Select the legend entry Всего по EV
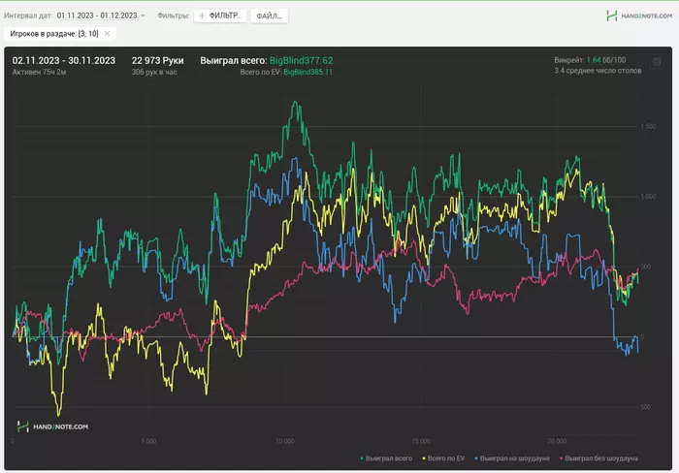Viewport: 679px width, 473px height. (x=447, y=457)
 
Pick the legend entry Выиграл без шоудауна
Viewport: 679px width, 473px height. (x=603, y=457)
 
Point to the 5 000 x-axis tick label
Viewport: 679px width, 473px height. (x=148, y=441)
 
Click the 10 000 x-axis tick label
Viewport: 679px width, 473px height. (x=284, y=441)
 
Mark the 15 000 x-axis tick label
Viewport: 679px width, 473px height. (x=420, y=441)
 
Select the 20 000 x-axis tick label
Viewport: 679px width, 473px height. (x=556, y=441)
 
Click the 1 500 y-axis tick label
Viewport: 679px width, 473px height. (x=649, y=126)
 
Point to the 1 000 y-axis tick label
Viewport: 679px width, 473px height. (x=649, y=196)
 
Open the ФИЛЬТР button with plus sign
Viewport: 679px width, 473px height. (x=220, y=16)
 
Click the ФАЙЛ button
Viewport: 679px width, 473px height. (x=271, y=16)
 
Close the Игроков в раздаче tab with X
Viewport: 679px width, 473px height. (x=108, y=33)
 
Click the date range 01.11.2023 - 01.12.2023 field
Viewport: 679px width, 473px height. (x=101, y=16)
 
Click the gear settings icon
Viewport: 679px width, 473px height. (x=657, y=62)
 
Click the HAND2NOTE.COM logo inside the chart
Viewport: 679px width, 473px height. (x=53, y=426)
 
